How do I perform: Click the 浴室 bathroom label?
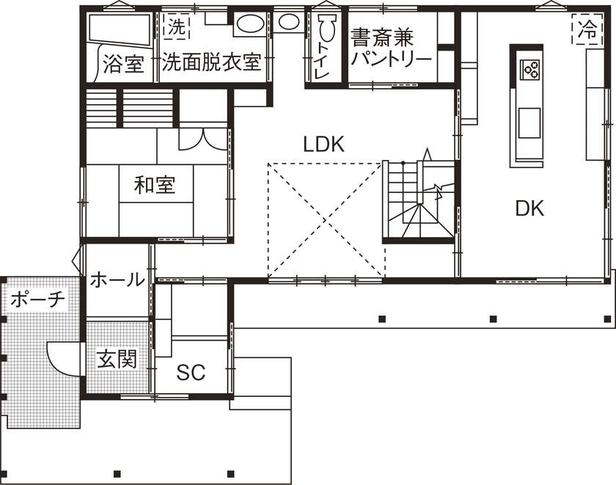point(122,63)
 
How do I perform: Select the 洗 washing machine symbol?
point(175,28)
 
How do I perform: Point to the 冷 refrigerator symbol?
point(587,30)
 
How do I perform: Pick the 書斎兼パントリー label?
point(390,47)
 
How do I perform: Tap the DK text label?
point(529,208)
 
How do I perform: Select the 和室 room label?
point(155,185)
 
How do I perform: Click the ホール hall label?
point(117,280)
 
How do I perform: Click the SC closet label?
point(191,372)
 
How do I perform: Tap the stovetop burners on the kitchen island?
point(530,70)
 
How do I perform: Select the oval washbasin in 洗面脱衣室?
point(250,24)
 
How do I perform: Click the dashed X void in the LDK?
point(325,220)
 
